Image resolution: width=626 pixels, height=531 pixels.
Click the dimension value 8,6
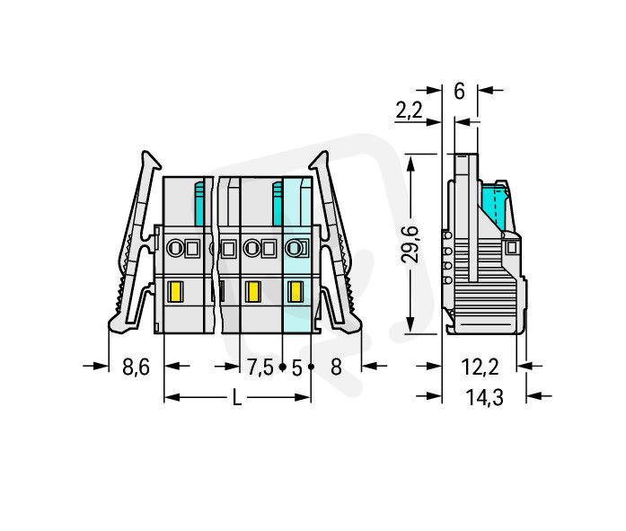[136, 367]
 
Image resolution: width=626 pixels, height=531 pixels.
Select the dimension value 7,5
[260, 367]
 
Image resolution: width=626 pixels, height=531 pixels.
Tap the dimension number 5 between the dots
[296, 367]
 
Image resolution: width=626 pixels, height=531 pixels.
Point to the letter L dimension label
[237, 398]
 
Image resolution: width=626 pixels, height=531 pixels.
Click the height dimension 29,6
[410, 244]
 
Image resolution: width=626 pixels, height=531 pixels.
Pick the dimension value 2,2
[409, 110]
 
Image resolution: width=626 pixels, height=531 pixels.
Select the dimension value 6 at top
[460, 91]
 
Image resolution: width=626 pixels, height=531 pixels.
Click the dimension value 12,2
[480, 367]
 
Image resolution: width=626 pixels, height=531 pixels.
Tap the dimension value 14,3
[485, 398]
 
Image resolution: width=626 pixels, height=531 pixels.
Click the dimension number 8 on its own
[337, 367]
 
